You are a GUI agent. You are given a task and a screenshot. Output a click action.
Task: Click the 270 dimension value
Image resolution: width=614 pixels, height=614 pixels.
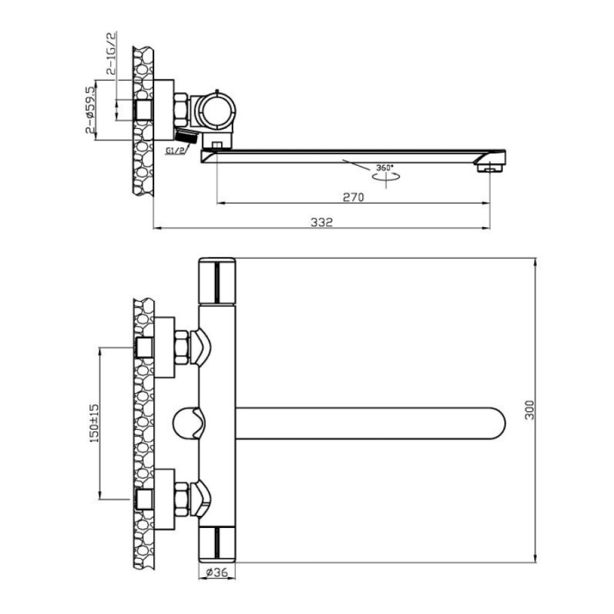coord(353,196)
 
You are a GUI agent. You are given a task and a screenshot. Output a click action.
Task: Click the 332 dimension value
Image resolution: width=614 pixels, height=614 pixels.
coord(321,222)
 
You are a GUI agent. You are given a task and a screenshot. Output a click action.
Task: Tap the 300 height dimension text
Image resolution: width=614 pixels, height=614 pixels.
coord(529,410)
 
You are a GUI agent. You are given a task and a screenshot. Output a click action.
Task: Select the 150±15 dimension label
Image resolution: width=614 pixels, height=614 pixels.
coord(95,423)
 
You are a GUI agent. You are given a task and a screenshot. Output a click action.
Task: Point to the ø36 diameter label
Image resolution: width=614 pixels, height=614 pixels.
coord(216,572)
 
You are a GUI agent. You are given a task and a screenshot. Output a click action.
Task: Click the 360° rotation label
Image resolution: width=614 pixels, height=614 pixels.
coord(385,168)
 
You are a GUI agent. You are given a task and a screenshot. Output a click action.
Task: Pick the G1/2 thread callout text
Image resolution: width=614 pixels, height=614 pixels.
coord(175,150)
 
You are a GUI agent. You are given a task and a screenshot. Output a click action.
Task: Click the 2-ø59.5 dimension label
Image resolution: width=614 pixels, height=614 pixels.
coord(90,110)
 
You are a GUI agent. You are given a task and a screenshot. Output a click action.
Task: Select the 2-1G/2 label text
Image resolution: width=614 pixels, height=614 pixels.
coord(111,53)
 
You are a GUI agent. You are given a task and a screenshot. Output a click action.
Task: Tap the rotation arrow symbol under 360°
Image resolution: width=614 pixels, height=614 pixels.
coord(386,177)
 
